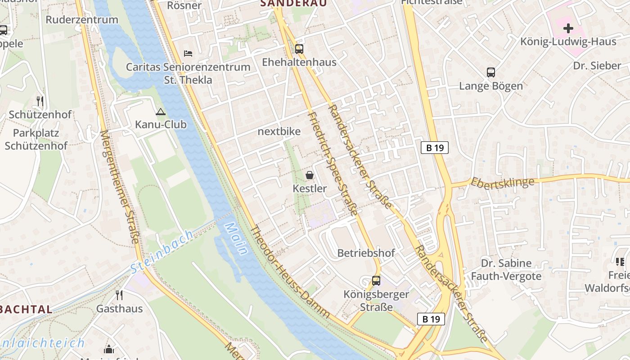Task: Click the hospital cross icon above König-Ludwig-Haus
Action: click(568, 28)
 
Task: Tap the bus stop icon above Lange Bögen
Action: click(491, 72)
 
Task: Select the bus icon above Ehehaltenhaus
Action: click(299, 49)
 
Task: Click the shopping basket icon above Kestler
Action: click(310, 175)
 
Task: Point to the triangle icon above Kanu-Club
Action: click(161, 112)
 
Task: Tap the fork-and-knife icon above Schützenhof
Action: click(40, 101)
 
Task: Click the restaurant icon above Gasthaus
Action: click(119, 295)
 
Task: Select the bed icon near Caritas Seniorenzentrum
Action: click(188, 54)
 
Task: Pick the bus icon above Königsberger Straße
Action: click(376, 281)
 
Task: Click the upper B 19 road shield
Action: click(435, 148)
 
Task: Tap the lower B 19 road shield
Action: click(431, 319)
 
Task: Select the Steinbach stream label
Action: click(162, 252)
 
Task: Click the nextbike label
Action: click(279, 131)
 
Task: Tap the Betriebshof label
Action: click(366, 253)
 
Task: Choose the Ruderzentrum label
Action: click(82, 20)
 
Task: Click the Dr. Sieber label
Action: click(597, 66)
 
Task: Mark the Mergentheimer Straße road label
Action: click(119, 187)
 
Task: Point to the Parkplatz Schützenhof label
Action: click(36, 139)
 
